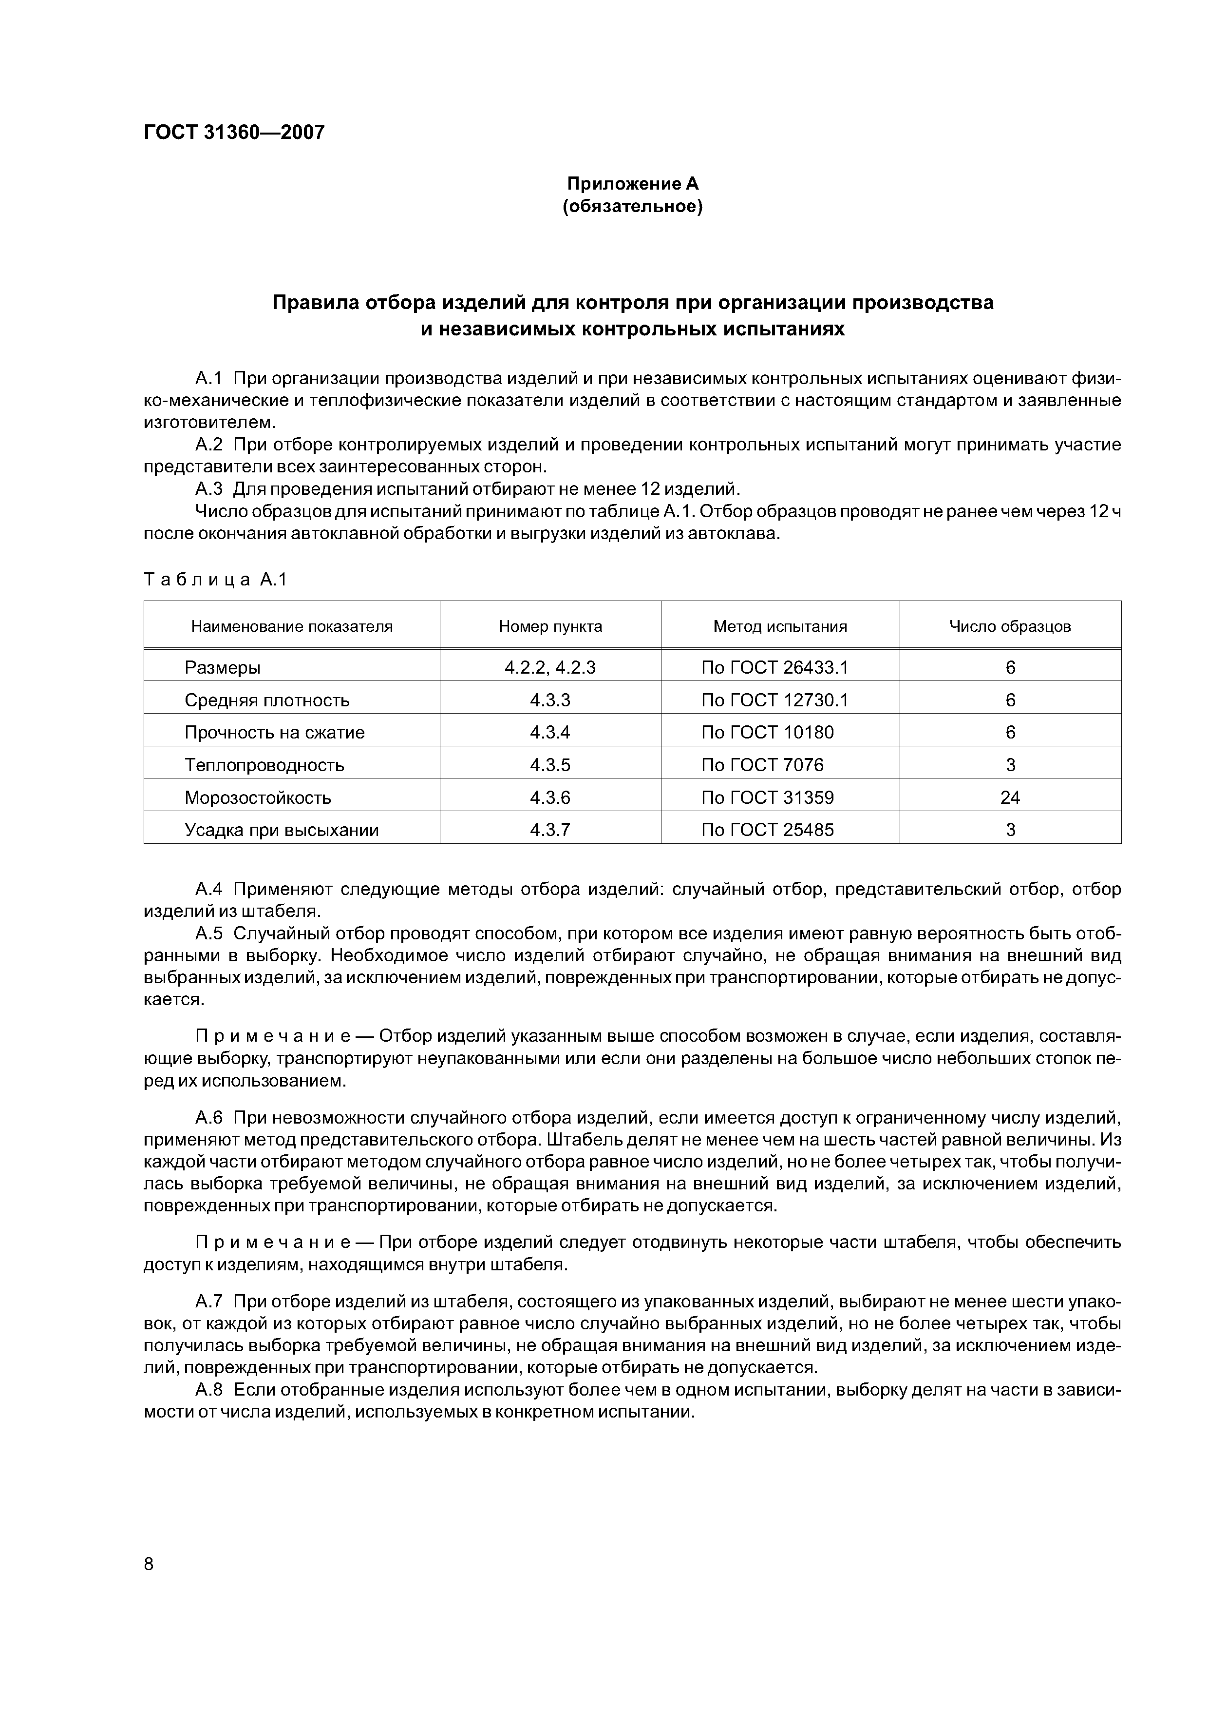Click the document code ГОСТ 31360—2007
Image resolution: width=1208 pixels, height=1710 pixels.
[x=234, y=133]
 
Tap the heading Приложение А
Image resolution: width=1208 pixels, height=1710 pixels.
[x=633, y=183]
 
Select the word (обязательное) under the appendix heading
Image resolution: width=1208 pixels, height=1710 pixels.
[x=633, y=206]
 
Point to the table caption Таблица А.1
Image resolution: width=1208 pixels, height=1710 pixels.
[x=215, y=580]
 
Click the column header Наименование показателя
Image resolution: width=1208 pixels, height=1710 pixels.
[x=292, y=626]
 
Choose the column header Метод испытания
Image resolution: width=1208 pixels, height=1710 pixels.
[x=780, y=626]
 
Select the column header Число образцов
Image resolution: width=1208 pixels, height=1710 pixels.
[x=1010, y=626]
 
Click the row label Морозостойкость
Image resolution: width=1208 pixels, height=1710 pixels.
[x=258, y=797]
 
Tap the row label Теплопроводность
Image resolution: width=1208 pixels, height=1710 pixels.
[x=264, y=765]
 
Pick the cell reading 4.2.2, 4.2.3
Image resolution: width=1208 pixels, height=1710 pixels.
[x=550, y=667]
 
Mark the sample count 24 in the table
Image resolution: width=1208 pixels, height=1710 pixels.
[x=1010, y=797]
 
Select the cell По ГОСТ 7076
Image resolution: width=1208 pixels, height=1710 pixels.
[x=762, y=765]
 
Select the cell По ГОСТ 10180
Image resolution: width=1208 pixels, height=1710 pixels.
[x=767, y=732]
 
